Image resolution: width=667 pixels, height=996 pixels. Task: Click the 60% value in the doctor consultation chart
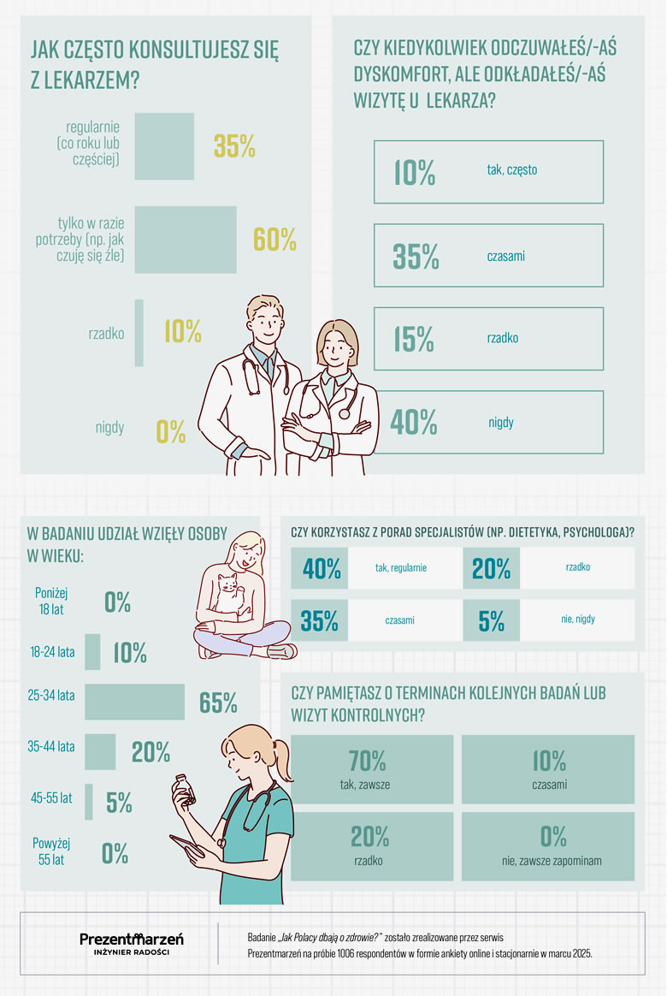click(274, 240)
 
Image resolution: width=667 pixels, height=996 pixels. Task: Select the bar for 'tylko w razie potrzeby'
click(186, 240)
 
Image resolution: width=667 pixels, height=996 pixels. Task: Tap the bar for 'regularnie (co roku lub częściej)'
click(164, 146)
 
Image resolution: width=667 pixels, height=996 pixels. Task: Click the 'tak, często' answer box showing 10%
click(488, 172)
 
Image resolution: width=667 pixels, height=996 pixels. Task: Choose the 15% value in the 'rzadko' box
click(415, 339)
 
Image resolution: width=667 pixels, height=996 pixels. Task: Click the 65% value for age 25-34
click(218, 703)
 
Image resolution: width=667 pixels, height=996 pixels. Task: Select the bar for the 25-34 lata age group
click(134, 702)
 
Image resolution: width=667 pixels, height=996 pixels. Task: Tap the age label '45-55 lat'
click(51, 797)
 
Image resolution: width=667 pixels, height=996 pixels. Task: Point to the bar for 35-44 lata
click(100, 751)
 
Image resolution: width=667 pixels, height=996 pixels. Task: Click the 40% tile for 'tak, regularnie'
click(322, 568)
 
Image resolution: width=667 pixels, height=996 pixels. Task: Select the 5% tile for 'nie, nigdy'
click(492, 620)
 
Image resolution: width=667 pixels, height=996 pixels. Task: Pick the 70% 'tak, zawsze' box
click(372, 768)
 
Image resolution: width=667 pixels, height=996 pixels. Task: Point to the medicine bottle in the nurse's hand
click(182, 786)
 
